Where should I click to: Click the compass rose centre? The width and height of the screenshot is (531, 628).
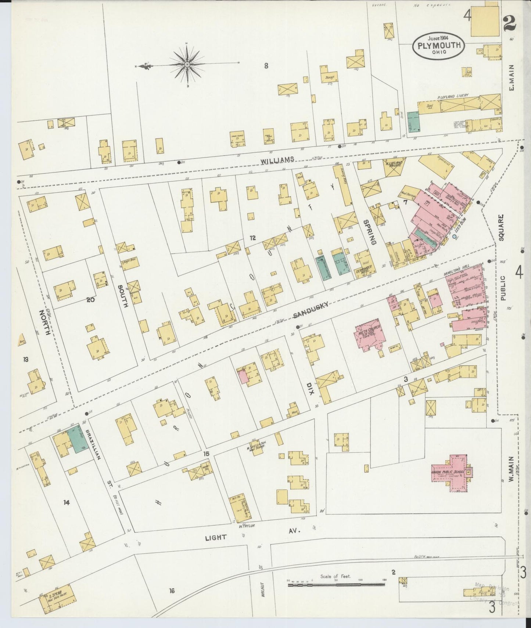pyautogui.click(x=187, y=65)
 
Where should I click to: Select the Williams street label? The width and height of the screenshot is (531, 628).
pyautogui.click(x=277, y=159)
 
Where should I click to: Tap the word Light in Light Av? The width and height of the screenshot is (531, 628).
pyautogui.click(x=216, y=537)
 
